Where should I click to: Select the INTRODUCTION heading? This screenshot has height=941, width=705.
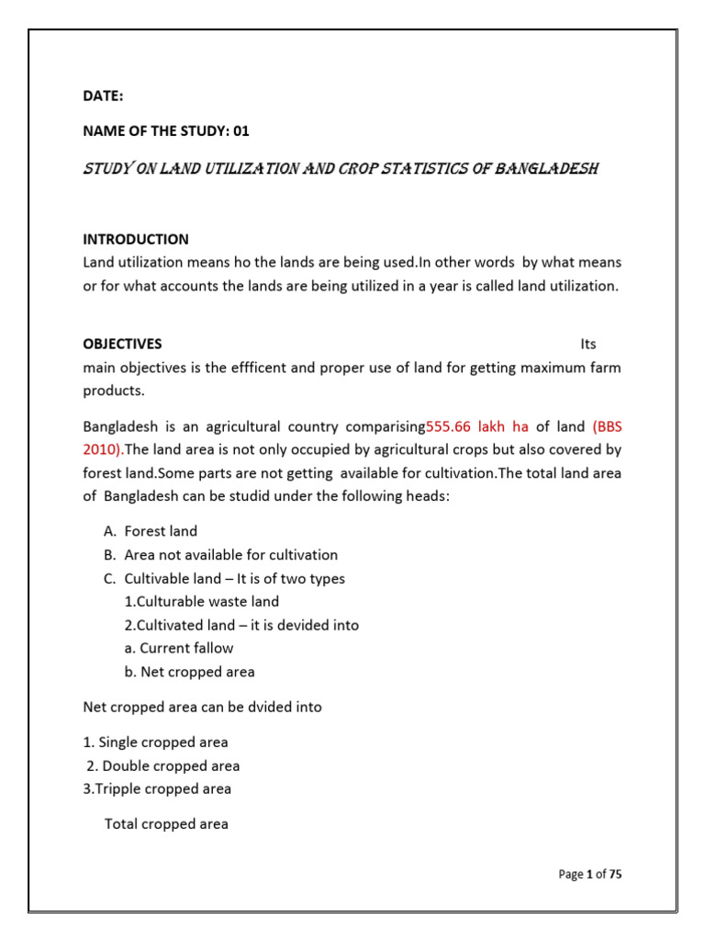136,239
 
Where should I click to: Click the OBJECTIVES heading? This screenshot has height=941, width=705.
122,344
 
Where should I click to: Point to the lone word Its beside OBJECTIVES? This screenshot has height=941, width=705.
588,344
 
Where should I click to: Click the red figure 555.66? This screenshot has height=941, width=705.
452,426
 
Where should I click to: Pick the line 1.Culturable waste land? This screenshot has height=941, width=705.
201,601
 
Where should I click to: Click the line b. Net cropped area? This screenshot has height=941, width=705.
190,671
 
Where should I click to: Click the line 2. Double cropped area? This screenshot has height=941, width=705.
162,765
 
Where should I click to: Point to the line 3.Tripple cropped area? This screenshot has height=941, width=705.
157,788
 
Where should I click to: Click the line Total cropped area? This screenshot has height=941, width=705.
166,823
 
